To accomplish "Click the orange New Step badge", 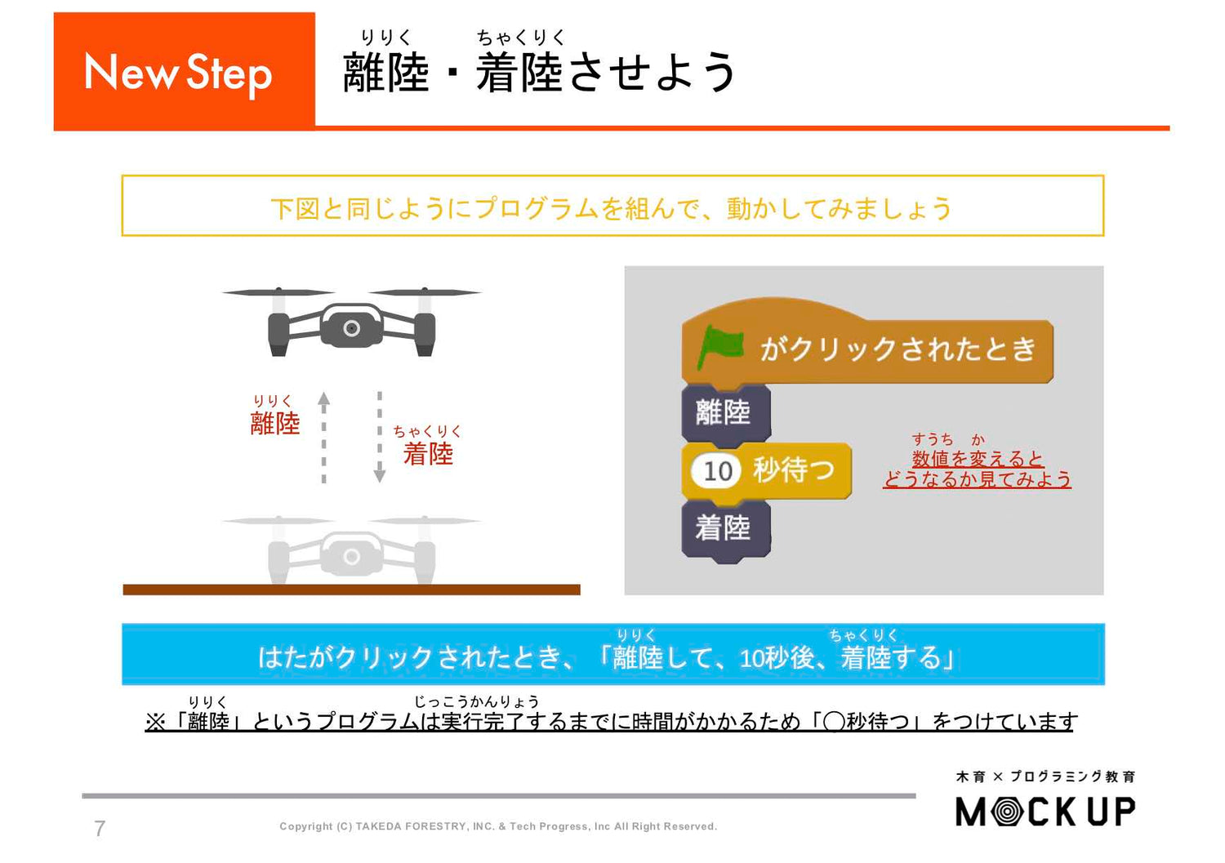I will [x=184, y=72].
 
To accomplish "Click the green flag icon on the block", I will [x=719, y=347].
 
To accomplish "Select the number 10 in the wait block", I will [x=717, y=470].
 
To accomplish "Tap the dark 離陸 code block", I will [x=724, y=412].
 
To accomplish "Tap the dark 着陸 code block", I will [x=724, y=528].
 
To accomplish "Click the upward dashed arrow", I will [x=324, y=437].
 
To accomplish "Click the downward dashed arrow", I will [x=380, y=437].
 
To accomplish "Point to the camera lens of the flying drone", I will [x=351, y=328].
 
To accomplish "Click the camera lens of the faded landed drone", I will [x=351, y=557].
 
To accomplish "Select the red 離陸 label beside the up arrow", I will [x=275, y=423].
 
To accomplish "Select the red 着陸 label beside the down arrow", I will [x=428, y=453].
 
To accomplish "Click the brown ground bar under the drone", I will [x=351, y=589].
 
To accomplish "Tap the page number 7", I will [x=100, y=828].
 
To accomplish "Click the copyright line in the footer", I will [x=498, y=826].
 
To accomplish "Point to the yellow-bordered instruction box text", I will [x=612, y=208].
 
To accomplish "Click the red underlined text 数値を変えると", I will [x=978, y=459].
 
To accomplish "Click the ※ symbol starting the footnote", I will [x=155, y=722].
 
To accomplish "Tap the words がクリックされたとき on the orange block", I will [x=898, y=349].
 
